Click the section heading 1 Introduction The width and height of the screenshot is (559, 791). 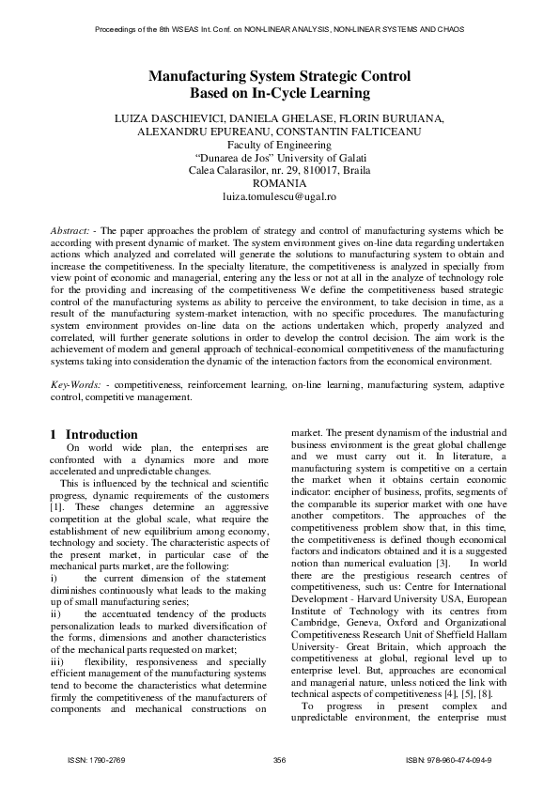click(x=93, y=434)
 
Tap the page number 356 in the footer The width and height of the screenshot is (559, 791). click(x=279, y=759)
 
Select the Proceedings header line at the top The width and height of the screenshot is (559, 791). click(x=279, y=29)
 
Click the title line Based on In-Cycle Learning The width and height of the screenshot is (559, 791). click(x=279, y=93)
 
